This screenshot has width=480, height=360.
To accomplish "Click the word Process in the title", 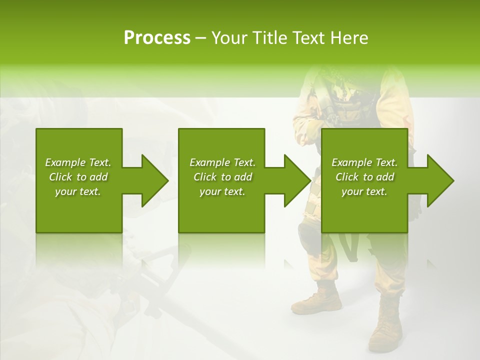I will (x=157, y=37).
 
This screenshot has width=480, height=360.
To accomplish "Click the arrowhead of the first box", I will (x=155, y=180).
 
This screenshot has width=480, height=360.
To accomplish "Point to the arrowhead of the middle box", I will (x=297, y=180).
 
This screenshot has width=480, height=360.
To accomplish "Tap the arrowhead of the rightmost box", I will (x=440, y=180).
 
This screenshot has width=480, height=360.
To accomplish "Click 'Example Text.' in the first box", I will (x=78, y=162).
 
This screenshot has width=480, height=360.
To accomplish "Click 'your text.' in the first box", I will (x=78, y=191).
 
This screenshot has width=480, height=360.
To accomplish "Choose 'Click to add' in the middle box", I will (x=222, y=177).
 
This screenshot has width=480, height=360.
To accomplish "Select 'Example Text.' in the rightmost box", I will (x=364, y=162).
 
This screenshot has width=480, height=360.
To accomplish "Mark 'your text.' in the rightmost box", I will (x=364, y=191).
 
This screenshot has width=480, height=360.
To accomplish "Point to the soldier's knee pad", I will (x=306, y=235).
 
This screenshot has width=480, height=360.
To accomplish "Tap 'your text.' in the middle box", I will (x=222, y=191).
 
